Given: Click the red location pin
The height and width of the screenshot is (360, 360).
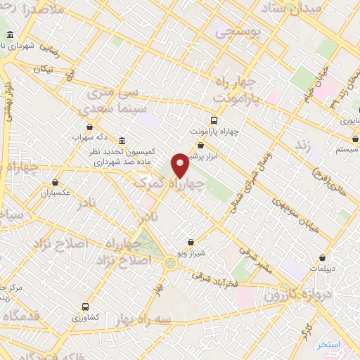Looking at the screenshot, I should tap(180, 165).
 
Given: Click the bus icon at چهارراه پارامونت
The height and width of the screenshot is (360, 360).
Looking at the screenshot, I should tap(214, 120).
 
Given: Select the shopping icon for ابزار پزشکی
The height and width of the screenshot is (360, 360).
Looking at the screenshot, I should tap(200, 145).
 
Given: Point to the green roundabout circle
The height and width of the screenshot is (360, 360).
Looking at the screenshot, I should tap(169, 263).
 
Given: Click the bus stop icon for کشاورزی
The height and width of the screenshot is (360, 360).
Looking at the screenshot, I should tap(85, 307).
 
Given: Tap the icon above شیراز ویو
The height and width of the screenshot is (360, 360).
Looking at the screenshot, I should tap(191, 242).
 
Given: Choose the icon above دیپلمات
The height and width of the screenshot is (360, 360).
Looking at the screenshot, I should tap(322, 257).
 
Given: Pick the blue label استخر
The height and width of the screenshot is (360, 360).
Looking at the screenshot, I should tap(328, 345).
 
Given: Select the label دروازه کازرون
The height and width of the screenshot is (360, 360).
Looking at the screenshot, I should tap(285, 294).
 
